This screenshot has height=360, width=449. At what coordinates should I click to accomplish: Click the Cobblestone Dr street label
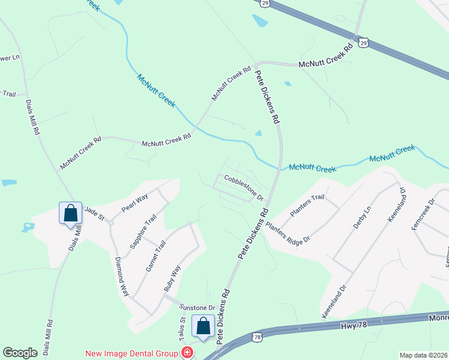[244, 187]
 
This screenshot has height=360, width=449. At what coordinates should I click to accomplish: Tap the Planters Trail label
[307, 205]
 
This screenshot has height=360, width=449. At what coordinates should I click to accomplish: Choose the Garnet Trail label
[155, 256]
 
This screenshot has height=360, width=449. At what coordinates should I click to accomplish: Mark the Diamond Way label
[122, 277]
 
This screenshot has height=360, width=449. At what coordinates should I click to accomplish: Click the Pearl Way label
[134, 203]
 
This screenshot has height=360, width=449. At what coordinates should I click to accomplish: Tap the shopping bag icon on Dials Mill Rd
[71, 212]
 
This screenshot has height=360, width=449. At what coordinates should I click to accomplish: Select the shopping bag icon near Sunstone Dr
[203, 326]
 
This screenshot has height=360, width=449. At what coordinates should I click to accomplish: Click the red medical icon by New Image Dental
[188, 353]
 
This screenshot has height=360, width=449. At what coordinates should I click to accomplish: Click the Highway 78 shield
[257, 338]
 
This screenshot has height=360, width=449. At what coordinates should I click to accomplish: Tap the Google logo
[20, 353]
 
